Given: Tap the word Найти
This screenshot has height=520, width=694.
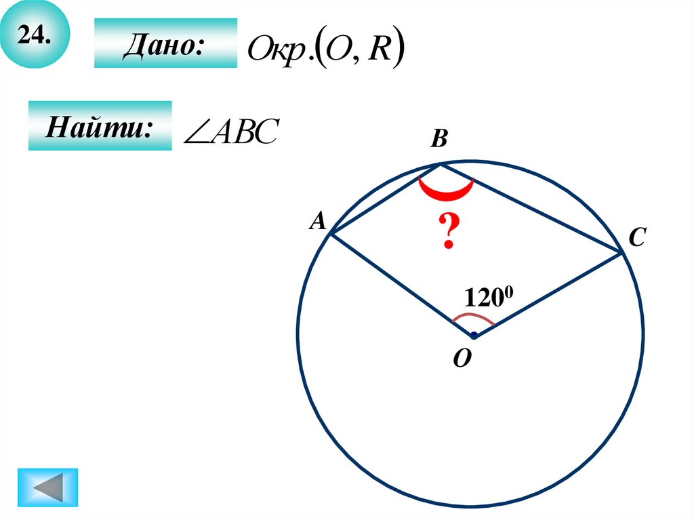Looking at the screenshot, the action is click(x=99, y=127).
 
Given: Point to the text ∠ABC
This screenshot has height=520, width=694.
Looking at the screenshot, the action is click(x=226, y=132).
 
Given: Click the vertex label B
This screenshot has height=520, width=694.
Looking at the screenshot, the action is click(x=439, y=140).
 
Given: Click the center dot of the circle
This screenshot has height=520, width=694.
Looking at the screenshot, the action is click(x=474, y=336).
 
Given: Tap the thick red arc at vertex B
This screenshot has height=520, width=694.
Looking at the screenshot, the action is click(x=445, y=193).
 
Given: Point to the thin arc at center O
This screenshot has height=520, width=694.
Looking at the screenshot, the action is click(x=472, y=317).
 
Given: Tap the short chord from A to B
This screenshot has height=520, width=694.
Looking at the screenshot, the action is click(x=385, y=199).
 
